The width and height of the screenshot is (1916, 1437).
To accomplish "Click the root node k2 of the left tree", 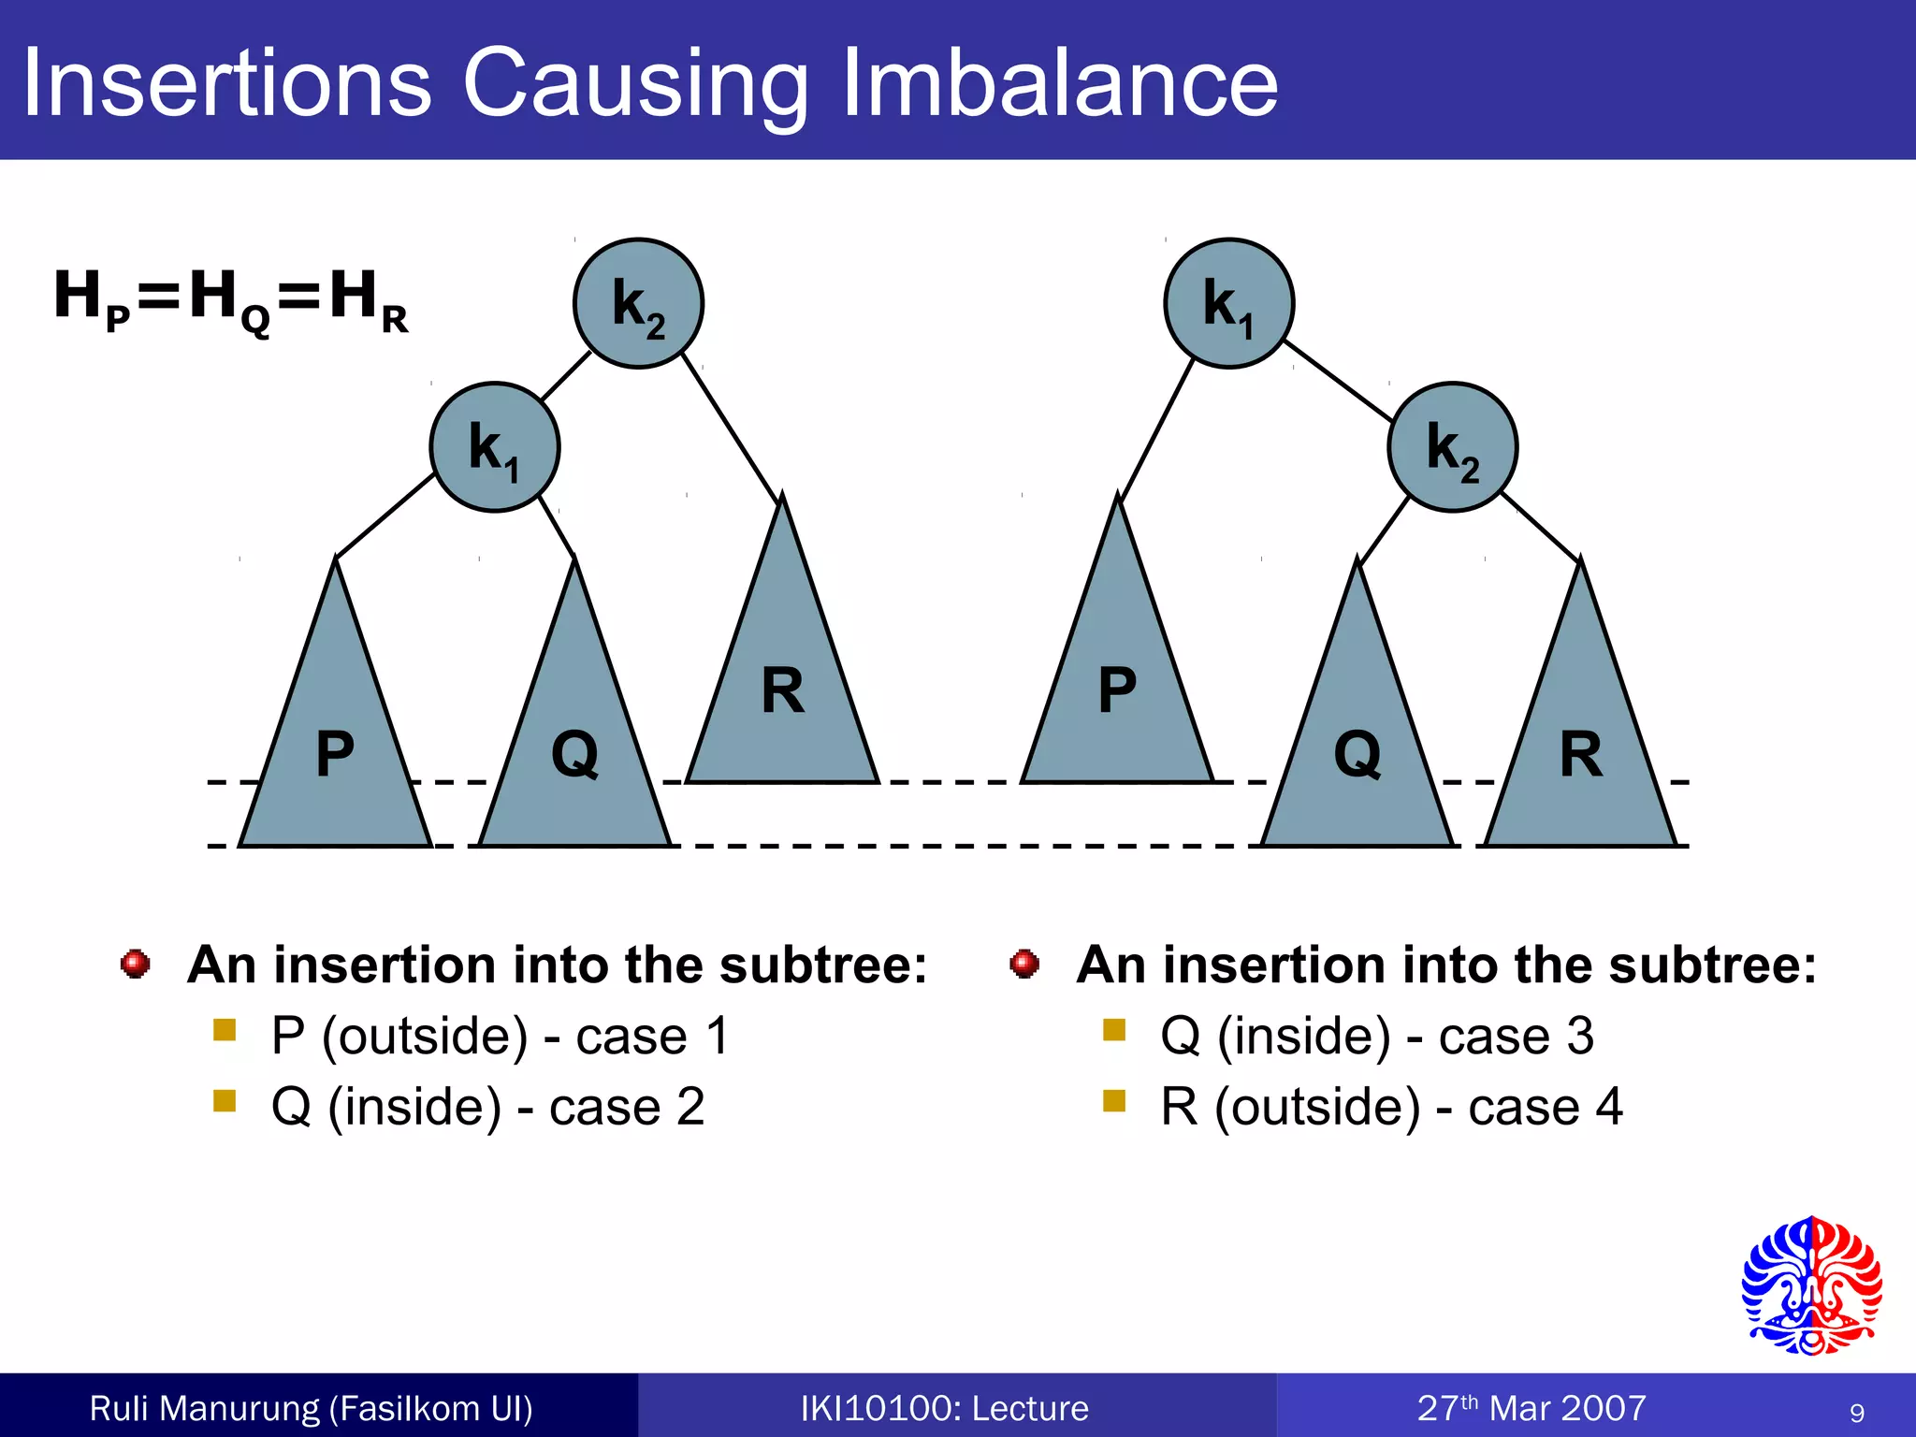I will pos(638,303).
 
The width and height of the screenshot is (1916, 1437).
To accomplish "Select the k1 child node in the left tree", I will pos(494,447).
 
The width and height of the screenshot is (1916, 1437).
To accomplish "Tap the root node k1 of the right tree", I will pos(1228,303).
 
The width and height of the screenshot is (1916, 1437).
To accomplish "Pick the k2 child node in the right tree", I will pos(1452,447).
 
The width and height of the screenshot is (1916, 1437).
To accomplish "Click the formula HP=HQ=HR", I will pos(231,299).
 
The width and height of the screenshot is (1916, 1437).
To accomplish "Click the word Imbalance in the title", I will pos(1059,84).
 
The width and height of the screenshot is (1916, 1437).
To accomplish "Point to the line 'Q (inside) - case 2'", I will pos(487,1107).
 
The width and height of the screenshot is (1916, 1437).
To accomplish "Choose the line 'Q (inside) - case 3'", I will pos(1376,1036).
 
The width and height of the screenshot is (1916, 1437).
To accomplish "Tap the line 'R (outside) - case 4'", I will pos(1391,1107).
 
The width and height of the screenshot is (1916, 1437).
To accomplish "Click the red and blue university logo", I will pos(1811,1285).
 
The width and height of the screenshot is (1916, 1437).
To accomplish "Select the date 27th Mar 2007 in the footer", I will pos(1531,1408).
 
